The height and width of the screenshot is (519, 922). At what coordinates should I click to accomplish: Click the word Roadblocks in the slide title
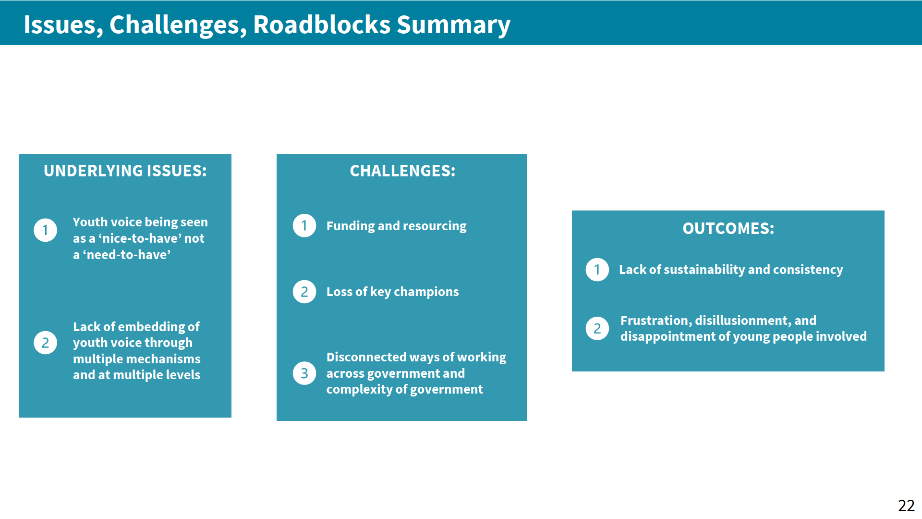[x=321, y=25]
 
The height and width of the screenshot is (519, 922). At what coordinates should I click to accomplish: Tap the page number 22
[x=906, y=506]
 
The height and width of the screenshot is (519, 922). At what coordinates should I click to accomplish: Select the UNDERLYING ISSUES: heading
[x=125, y=171]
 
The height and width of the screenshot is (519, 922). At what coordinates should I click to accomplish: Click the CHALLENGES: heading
[x=402, y=171]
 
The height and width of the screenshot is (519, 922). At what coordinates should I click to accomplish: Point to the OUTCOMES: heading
[x=728, y=228]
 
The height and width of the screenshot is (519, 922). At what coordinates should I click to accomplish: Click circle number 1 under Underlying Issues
[x=46, y=230]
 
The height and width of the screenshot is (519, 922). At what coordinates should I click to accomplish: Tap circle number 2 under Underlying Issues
[x=46, y=343]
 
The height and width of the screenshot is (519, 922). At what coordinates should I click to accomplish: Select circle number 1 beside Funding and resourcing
[x=304, y=225]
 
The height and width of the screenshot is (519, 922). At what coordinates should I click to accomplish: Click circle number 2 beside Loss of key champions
[x=304, y=292]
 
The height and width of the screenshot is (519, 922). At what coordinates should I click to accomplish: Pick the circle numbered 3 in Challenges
[x=304, y=373]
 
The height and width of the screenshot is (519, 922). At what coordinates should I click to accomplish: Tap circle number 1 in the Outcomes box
[x=597, y=270]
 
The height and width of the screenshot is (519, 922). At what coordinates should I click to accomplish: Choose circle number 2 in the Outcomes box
[x=597, y=329]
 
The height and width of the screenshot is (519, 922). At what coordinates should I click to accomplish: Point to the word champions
[x=426, y=292]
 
